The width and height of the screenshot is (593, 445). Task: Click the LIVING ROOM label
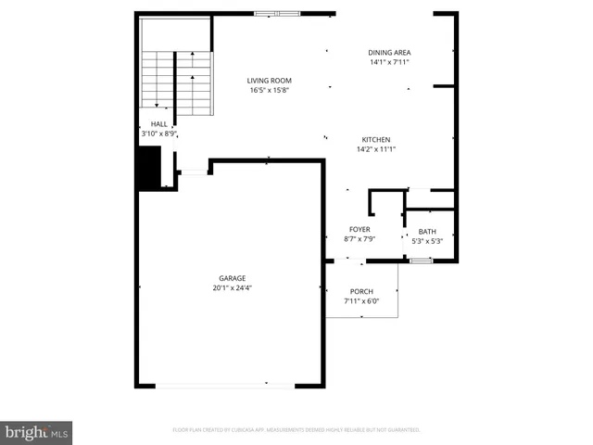pos(270,81)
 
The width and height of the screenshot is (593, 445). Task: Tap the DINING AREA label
pos(389,53)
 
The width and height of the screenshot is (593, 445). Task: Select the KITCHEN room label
pos(375,139)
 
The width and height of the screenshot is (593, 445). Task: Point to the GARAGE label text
pos(232,278)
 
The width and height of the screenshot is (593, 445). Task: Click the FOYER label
pos(360,229)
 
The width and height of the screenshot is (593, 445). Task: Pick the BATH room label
pos(427,232)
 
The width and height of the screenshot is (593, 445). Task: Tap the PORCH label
pos(361,291)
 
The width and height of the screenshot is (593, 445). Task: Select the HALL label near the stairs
pos(158,123)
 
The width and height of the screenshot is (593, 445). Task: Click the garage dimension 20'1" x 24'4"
pos(232,288)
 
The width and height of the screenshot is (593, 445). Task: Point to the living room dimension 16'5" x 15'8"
pos(270,90)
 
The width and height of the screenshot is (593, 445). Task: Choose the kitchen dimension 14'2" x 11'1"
pos(375,149)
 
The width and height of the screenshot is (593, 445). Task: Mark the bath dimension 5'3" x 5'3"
pos(427,241)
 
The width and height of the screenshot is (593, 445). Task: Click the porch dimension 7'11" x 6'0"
pos(361,300)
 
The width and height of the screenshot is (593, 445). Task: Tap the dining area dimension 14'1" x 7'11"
pos(389,62)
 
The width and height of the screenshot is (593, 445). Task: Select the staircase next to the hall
pos(176,79)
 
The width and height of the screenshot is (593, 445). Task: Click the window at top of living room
pos(277,13)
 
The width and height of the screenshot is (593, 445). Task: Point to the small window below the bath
pos(422,261)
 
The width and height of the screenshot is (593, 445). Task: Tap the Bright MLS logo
pos(37,432)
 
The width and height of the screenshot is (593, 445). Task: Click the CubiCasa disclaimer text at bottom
pos(296,430)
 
